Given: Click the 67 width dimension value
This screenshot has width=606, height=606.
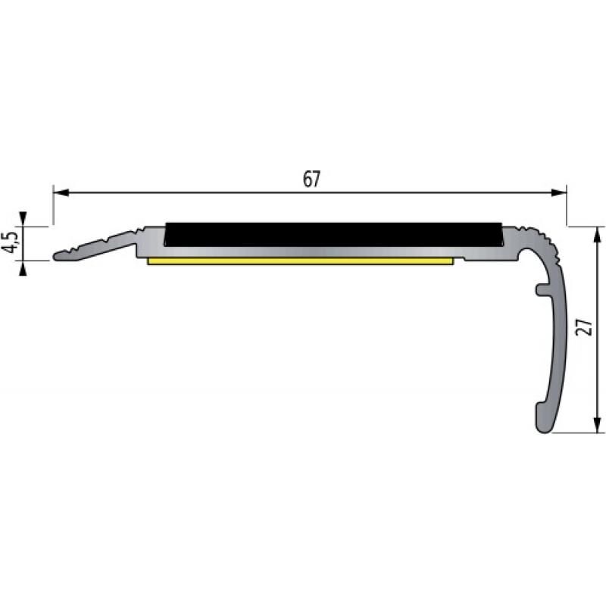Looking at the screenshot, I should pos(311,180).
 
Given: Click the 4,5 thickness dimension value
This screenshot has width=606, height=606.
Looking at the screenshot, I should pos(10,243).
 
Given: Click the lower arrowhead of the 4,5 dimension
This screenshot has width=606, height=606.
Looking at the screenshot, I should pos(24,267).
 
